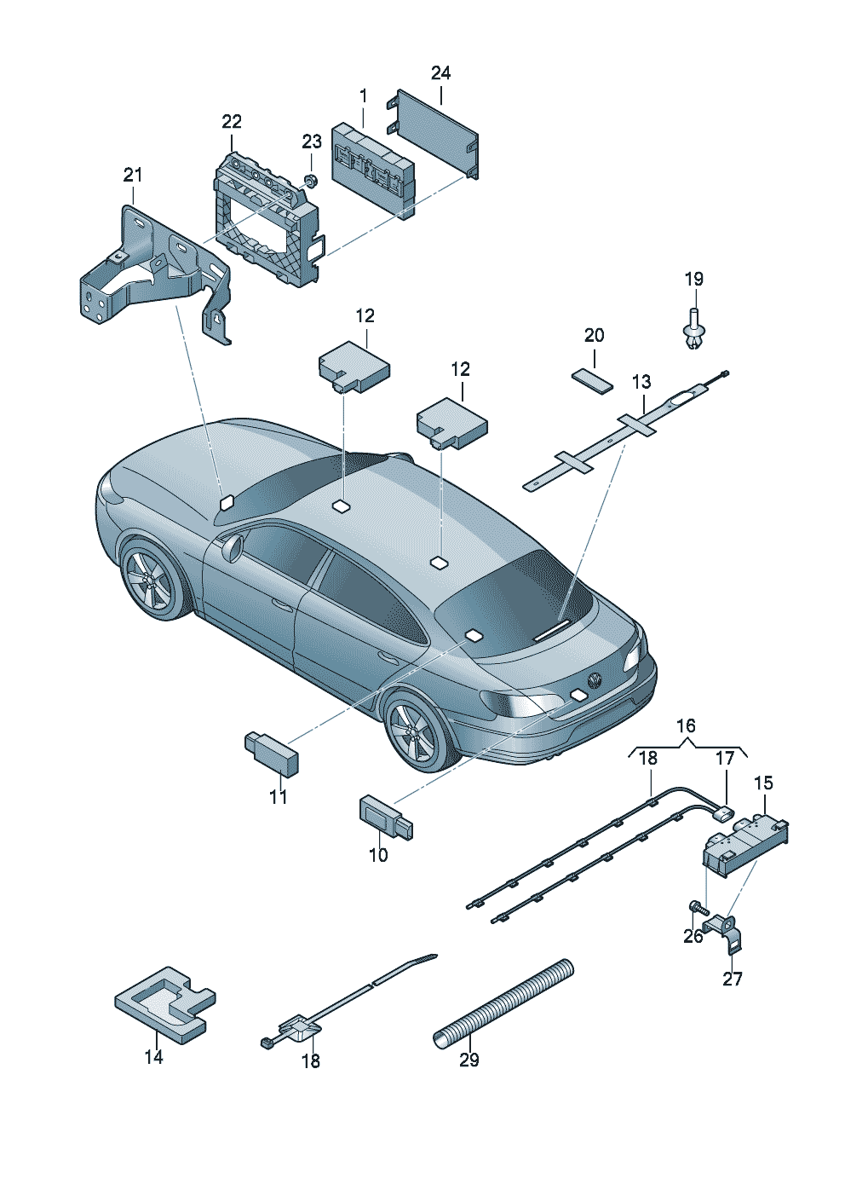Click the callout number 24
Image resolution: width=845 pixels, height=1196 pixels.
coord(440,72)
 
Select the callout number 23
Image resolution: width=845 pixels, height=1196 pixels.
coord(312,142)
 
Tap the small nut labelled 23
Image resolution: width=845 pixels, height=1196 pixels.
coord(310,181)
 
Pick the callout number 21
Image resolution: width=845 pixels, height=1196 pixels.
coord(133,175)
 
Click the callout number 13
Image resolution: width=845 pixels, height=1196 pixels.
coord(641,382)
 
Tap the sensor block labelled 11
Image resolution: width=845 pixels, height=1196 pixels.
coord(272,753)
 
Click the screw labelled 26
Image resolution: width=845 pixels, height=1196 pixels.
coord(698,905)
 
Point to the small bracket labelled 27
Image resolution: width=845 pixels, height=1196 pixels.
coord(725,933)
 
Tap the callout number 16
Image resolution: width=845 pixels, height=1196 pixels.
coord(686,725)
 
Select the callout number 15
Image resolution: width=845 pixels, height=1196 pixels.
coord(763,783)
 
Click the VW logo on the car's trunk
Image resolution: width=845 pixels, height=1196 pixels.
coord(594,681)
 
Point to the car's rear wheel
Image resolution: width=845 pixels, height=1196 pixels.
coord(419,731)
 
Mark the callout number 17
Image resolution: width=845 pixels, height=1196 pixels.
coord(725,758)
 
